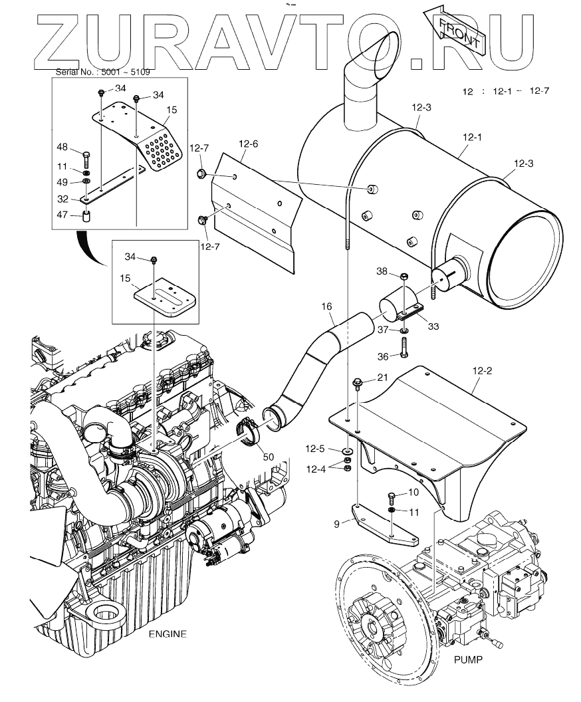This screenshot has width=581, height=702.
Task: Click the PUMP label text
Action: tap(467, 660)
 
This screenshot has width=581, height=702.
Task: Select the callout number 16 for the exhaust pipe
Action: tap(326, 306)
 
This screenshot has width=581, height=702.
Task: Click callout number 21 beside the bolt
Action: tap(382, 378)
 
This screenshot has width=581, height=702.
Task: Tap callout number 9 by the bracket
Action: tap(337, 524)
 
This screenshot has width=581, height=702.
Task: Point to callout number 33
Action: tap(433, 326)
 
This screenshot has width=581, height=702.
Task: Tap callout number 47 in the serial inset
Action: tap(61, 214)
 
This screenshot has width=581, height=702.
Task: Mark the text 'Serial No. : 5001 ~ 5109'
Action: tap(95, 71)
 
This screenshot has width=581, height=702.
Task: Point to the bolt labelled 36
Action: tap(404, 347)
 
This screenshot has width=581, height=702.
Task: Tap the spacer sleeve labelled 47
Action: tap(86, 216)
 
